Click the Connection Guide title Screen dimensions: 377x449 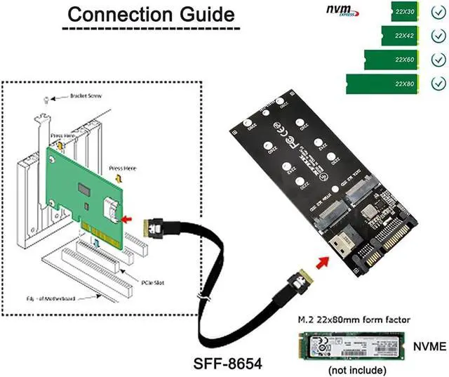pyautogui.click(x=151, y=14)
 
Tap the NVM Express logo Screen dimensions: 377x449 pyautogui.click(x=344, y=11)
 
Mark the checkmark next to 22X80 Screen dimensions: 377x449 pyautogui.click(x=438, y=84)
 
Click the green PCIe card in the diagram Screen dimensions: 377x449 pyautogui.click(x=84, y=190)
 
